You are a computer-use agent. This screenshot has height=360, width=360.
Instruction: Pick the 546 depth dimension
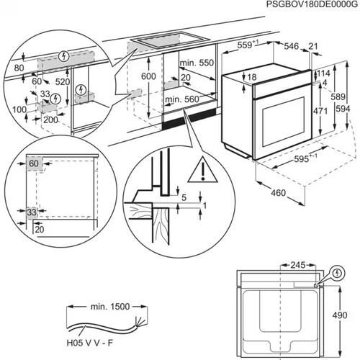[292, 45]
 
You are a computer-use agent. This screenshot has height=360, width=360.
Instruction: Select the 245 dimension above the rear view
[296, 264]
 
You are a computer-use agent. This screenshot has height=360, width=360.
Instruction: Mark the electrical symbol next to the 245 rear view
[335, 274]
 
